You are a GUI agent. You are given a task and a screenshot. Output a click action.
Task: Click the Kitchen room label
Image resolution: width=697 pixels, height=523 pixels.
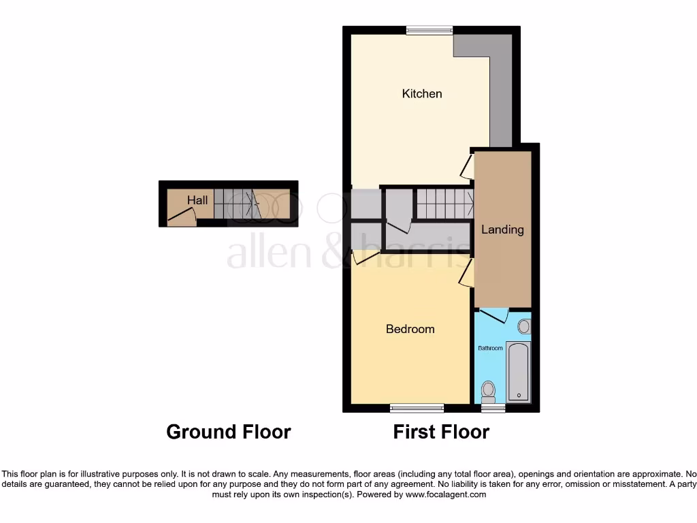point(422,93)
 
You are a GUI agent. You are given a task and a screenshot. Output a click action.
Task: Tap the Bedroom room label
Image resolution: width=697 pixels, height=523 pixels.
point(410,329)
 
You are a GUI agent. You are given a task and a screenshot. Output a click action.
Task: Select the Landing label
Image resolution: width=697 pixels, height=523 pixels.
point(502,229)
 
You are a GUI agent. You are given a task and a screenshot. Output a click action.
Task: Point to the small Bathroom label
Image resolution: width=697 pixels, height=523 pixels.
point(490,348)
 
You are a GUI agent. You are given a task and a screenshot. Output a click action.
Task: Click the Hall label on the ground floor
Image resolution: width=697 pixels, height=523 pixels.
point(197,200)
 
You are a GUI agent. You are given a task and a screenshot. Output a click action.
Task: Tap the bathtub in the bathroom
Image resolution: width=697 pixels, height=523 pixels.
point(519,371)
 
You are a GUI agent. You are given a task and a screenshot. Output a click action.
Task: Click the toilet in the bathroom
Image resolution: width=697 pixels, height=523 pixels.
point(488,391)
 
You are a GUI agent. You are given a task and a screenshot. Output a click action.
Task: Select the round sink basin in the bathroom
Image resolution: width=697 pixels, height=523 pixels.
point(523,326)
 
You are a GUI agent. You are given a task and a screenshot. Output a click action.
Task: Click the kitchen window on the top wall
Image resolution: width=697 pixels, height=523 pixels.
point(429,29)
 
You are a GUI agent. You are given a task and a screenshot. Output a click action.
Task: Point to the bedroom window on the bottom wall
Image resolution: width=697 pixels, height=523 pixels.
point(417,408)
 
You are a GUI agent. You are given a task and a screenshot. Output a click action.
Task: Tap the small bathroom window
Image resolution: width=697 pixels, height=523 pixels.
point(493,408)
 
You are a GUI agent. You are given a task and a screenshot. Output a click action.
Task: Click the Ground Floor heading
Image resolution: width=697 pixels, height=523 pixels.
point(229,432)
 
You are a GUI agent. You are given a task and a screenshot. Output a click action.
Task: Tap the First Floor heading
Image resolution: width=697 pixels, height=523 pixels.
point(441,432)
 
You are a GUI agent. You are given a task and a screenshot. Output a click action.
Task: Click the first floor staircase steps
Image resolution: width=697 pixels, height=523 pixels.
point(444,202)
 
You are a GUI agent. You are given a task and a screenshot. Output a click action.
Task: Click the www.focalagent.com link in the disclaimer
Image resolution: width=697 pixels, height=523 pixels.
point(445,494)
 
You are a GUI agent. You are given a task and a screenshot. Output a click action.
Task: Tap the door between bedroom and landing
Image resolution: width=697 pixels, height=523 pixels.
point(466,276)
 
